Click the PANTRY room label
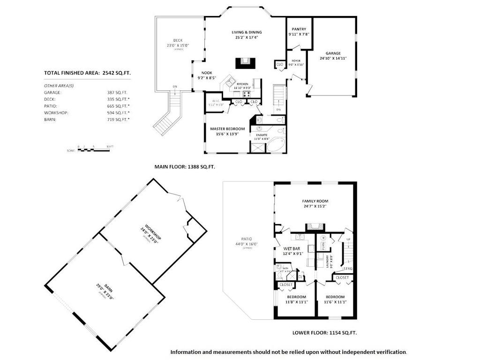click(x=299, y=29)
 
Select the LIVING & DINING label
click(x=247, y=32)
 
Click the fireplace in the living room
click(x=244, y=63)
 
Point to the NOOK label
click(x=207, y=73)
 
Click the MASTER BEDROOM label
click(x=227, y=129)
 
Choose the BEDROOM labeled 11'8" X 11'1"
click(x=296, y=297)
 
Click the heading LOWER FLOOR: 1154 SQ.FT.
click(x=324, y=333)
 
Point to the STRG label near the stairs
click(x=347, y=269)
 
